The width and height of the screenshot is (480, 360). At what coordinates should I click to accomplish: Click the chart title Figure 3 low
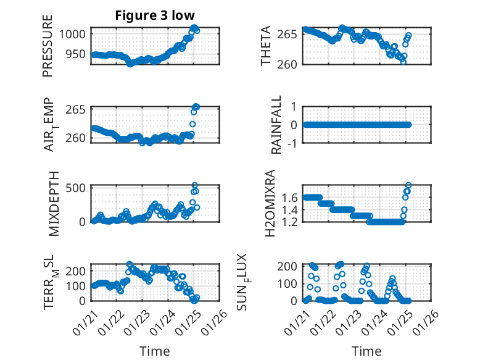(x=154, y=15)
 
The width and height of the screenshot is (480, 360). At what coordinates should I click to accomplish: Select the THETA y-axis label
(x=266, y=46)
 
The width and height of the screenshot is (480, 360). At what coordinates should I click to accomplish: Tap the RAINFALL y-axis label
(x=277, y=125)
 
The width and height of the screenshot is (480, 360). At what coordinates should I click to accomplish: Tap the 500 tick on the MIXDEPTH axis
(x=78, y=188)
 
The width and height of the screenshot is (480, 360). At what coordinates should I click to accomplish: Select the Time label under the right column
(x=366, y=351)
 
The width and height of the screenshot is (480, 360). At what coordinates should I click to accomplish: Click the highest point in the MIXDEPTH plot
(x=194, y=185)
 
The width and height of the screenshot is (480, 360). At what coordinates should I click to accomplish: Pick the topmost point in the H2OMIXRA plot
(x=408, y=185)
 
